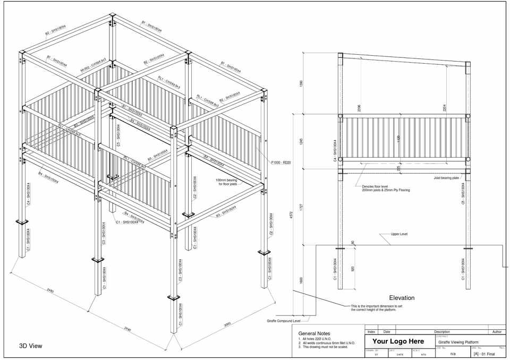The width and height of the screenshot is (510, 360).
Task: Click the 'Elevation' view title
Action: pos(402,298)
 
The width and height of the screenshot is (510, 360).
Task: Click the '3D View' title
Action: pos(31,346)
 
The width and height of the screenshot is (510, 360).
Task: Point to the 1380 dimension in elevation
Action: pos(301,83)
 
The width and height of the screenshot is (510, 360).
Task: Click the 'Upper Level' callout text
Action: pos(399,234)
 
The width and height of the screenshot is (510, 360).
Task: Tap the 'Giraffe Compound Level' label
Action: pos(283,321)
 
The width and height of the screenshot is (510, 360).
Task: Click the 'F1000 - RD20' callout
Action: pos(281,162)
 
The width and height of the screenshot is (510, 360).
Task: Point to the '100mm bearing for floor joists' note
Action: pos(226,182)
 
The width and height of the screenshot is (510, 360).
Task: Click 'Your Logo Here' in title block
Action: pos(398,341)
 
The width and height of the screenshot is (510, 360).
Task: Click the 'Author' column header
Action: pos(497,331)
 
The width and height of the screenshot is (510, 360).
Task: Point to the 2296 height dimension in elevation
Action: pos(360,108)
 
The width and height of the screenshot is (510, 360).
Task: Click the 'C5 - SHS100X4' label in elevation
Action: pos(463,194)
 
